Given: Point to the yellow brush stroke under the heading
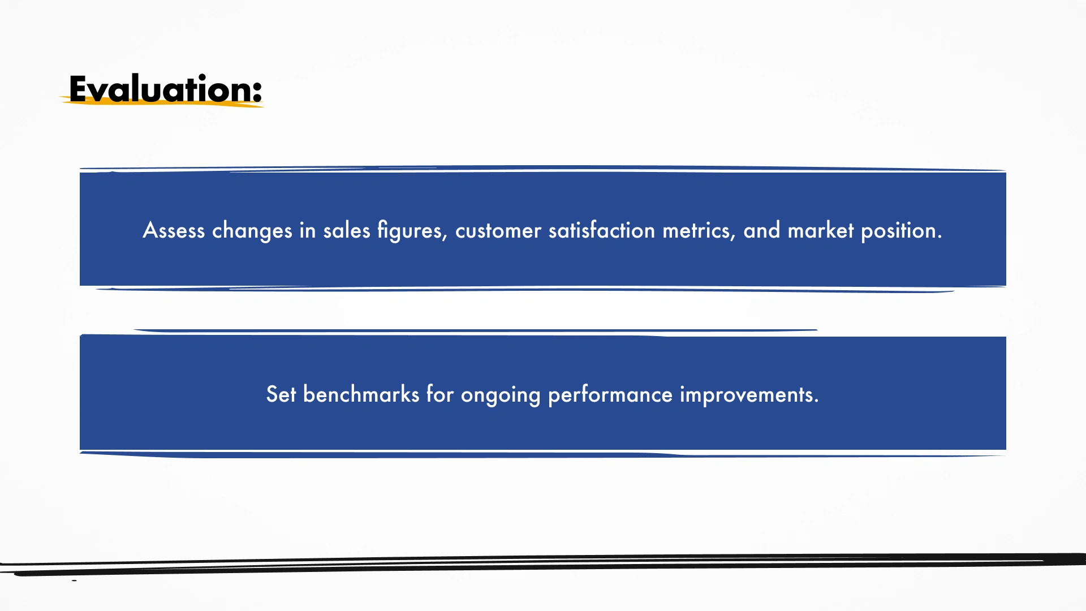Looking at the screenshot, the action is click(x=161, y=102).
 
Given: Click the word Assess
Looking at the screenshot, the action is click(x=174, y=230).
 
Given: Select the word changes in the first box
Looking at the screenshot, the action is click(x=252, y=230).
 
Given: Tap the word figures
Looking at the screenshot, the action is click(x=412, y=230).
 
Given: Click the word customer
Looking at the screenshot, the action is click(x=498, y=231).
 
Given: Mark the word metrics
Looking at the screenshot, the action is click(x=699, y=231).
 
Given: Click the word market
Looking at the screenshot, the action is click(x=821, y=230).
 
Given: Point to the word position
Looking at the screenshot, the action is click(x=902, y=231).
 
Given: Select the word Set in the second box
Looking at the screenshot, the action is click(x=281, y=394).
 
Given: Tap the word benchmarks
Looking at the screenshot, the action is click(x=361, y=394).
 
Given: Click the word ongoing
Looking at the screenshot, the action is click(x=501, y=395).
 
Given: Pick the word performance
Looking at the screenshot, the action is click(x=610, y=395).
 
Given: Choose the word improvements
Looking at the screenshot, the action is click(x=749, y=395).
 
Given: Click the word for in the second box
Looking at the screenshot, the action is click(x=440, y=394).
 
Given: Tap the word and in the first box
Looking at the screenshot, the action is click(x=762, y=230).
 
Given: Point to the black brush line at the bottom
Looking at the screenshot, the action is click(x=543, y=565).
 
